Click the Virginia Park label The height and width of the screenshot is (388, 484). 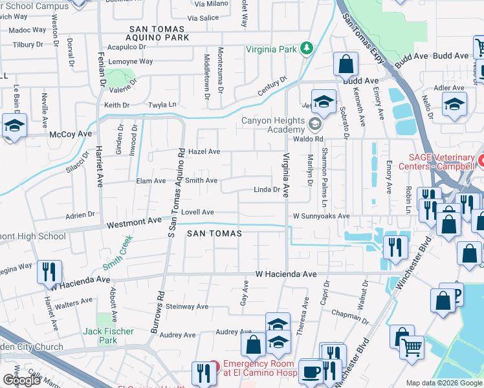[x=271, y=49]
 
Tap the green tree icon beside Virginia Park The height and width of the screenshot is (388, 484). [x=306, y=49]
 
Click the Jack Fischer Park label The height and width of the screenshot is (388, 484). [x=108, y=336]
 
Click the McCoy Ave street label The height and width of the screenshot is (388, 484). [x=71, y=134]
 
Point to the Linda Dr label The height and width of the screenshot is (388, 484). [x=266, y=190]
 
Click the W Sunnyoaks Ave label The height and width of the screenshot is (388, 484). [x=321, y=216]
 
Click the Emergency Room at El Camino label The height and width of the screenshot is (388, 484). [x=259, y=368]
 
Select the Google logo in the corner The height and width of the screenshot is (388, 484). [x=22, y=380]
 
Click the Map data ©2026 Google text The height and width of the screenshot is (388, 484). [x=443, y=383]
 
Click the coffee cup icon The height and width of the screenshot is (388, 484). [x=312, y=371]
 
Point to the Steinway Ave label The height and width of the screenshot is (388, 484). [x=185, y=306]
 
